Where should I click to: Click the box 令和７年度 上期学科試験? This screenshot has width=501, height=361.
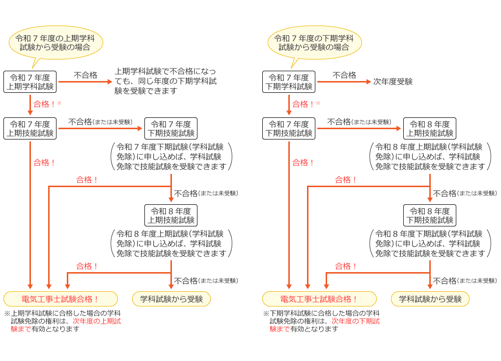point(30,82)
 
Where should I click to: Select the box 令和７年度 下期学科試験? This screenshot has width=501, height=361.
point(289,82)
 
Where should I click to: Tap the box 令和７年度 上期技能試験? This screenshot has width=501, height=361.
point(30,129)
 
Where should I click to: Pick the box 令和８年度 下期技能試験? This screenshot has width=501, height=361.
point(430,215)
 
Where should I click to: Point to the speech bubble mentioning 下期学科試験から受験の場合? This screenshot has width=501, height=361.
point(314,43)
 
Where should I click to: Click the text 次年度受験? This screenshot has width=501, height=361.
point(393,82)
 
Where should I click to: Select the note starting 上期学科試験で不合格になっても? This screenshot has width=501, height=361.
point(165,81)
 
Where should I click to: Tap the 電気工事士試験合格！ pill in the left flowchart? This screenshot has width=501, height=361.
point(60,299)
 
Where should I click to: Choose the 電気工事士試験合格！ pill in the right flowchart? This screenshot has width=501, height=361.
point(319,299)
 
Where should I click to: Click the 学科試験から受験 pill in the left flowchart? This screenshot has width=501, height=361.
point(171,299)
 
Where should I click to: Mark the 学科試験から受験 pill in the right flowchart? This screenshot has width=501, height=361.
point(430,299)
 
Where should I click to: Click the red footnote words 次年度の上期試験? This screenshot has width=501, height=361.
point(97,321)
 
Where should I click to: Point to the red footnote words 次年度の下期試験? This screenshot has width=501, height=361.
point(356,321)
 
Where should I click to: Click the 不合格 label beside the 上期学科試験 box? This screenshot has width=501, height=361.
point(85,75)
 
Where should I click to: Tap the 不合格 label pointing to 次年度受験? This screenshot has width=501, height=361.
point(344,75)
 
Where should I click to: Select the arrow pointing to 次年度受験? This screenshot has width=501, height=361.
point(344,82)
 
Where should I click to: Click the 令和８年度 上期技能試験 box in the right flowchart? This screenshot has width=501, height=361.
point(430,129)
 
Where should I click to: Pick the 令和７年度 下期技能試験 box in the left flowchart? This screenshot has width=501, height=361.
point(171,129)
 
